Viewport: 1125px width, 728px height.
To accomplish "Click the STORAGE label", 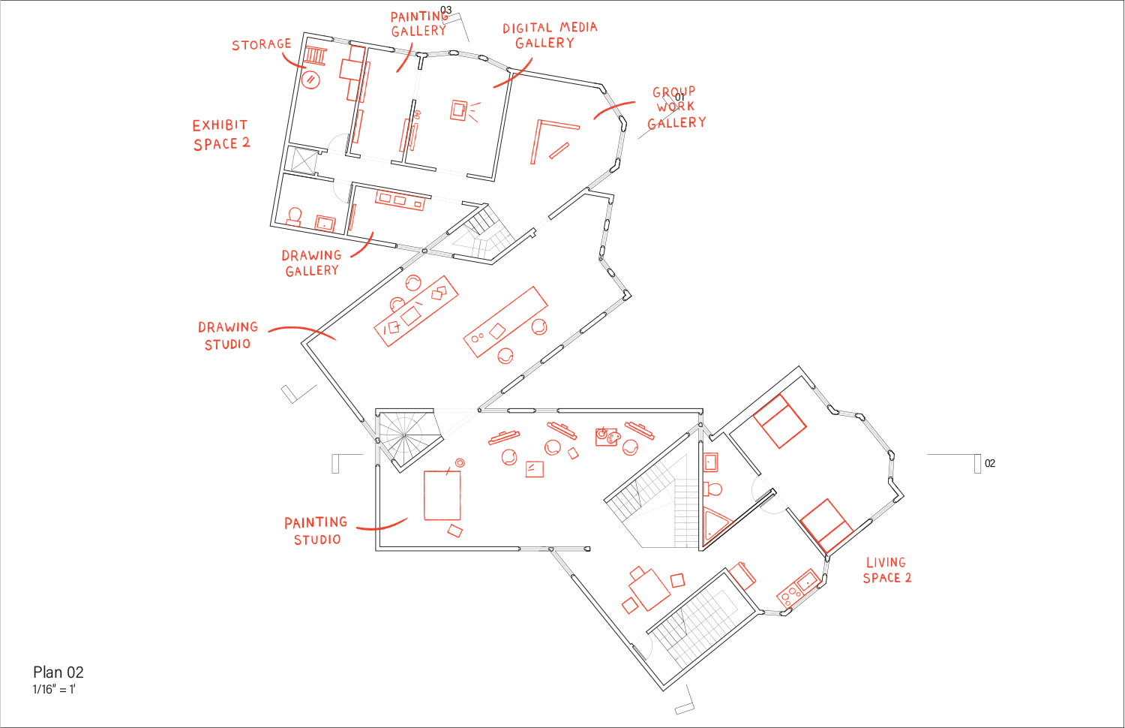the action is pos(261,45).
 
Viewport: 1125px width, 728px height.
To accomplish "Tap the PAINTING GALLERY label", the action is pos(419,23).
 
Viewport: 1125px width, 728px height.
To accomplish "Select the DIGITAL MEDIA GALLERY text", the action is pos(550,35).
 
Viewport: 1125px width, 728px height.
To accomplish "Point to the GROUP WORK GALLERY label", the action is pos(676,107).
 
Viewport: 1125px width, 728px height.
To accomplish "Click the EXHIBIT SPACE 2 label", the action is pos(221,134).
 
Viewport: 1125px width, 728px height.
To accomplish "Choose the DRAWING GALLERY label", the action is pos(311,263).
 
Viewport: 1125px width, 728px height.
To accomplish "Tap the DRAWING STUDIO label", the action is pos(227,335).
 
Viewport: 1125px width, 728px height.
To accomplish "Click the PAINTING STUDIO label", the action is pos(316,531).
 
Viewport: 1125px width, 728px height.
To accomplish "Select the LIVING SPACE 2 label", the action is pos(887,570).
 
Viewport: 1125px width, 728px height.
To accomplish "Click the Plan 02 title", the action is pos(58,672).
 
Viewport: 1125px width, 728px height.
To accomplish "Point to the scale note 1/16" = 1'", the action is pos(54,689).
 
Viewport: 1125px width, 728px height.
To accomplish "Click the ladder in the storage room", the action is pos(316,56).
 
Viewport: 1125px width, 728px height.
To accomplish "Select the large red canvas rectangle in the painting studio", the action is pos(442,495).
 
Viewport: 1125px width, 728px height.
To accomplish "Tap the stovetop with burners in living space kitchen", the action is pos(788,595).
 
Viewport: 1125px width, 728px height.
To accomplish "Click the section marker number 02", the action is pos(990,463).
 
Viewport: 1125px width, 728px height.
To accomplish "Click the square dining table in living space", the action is pos(649,589).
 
